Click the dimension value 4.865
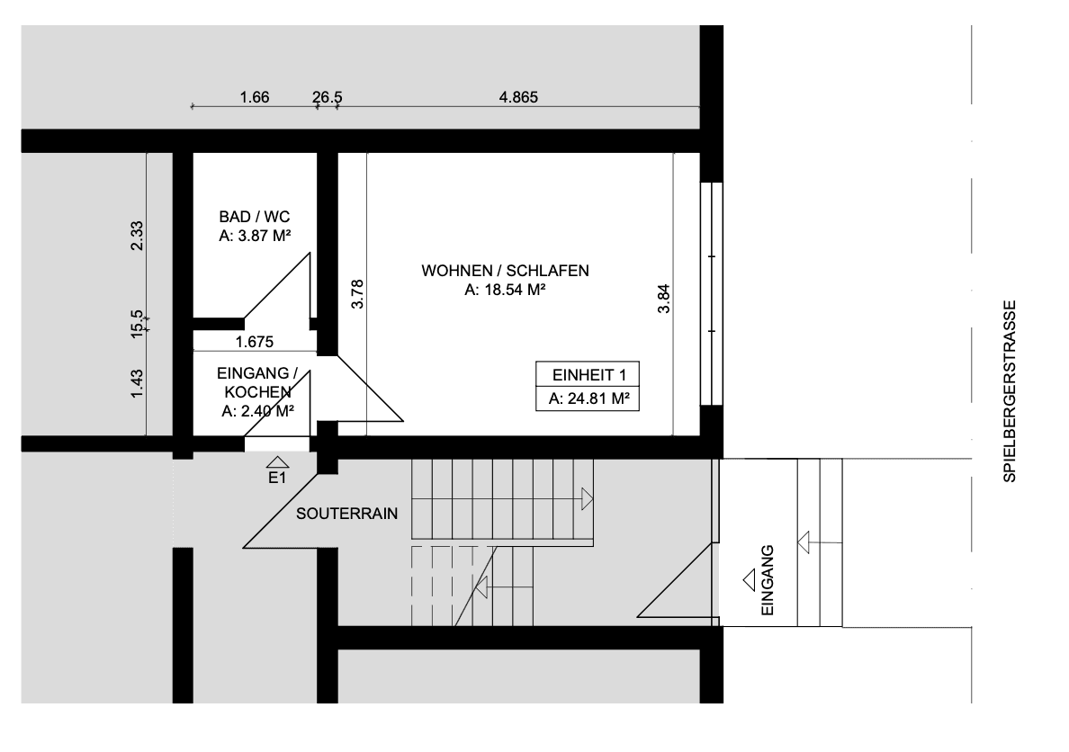pyautogui.click(x=518, y=98)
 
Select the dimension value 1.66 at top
pyautogui.click(x=255, y=98)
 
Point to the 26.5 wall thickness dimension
pyautogui.click(x=327, y=98)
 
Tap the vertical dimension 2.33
pyautogui.click(x=138, y=237)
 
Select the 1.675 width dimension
pyautogui.click(x=255, y=342)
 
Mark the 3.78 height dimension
pyautogui.click(x=357, y=295)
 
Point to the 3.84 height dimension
pyautogui.click(x=664, y=299)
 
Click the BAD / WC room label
pyautogui.click(x=255, y=218)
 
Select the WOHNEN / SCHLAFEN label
pyautogui.click(x=506, y=271)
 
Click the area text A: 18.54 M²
pyautogui.click(x=507, y=290)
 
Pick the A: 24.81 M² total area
pyautogui.click(x=588, y=398)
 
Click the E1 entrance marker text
pyautogui.click(x=277, y=479)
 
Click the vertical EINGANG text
pyautogui.click(x=767, y=581)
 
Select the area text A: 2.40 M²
pyautogui.click(x=259, y=411)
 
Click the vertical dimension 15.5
pyautogui.click(x=138, y=320)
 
